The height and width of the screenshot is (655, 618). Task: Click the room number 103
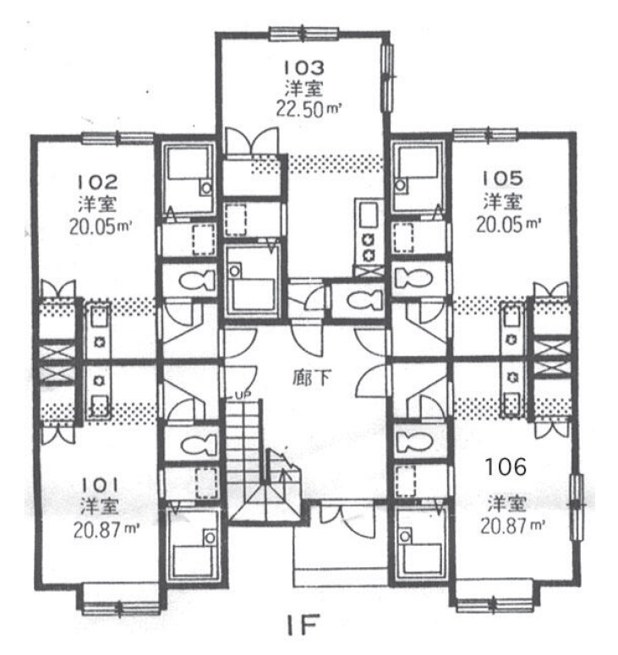tap(304, 68)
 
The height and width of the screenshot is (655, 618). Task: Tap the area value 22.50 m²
tap(309, 109)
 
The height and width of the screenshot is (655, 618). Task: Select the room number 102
tap(98, 182)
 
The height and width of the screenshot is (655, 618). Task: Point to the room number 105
tap(503, 179)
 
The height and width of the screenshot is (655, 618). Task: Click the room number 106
tap(506, 467)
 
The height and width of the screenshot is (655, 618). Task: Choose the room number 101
tap(100, 485)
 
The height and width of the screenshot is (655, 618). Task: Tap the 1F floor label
tap(304, 624)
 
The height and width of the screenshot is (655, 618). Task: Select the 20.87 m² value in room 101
tap(107, 530)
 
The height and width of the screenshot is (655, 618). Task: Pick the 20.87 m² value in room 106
tap(513, 526)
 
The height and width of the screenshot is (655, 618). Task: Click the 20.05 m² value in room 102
tap(101, 227)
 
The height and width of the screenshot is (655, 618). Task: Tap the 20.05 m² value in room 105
tap(509, 225)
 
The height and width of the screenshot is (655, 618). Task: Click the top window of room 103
tap(304, 34)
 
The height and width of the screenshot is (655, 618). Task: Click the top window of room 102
tap(118, 139)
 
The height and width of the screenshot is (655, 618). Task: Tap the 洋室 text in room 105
tap(503, 202)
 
